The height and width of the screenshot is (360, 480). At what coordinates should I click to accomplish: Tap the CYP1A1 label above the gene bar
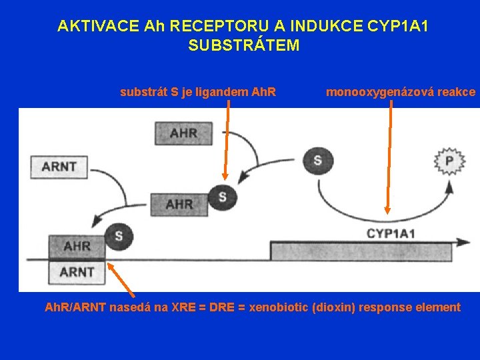pyautogui.click(x=391, y=233)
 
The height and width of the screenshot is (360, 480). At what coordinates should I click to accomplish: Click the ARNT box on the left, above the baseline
pyautogui.click(x=59, y=167)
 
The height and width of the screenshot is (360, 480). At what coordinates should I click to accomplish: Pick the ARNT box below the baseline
pyautogui.click(x=77, y=272)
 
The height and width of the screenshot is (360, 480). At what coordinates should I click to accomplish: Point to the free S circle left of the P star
pyautogui.click(x=317, y=160)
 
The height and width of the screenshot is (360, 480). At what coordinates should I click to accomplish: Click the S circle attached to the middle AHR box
pyautogui.click(x=222, y=197)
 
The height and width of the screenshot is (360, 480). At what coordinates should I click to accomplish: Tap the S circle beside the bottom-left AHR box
pyautogui.click(x=119, y=236)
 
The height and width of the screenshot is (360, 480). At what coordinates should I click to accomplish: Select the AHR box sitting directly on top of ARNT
pyautogui.click(x=77, y=246)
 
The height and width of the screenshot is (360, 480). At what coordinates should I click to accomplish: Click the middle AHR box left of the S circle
pyautogui.click(x=179, y=203)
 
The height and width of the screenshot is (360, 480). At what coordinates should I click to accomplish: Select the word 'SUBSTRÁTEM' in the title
pyautogui.click(x=244, y=45)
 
